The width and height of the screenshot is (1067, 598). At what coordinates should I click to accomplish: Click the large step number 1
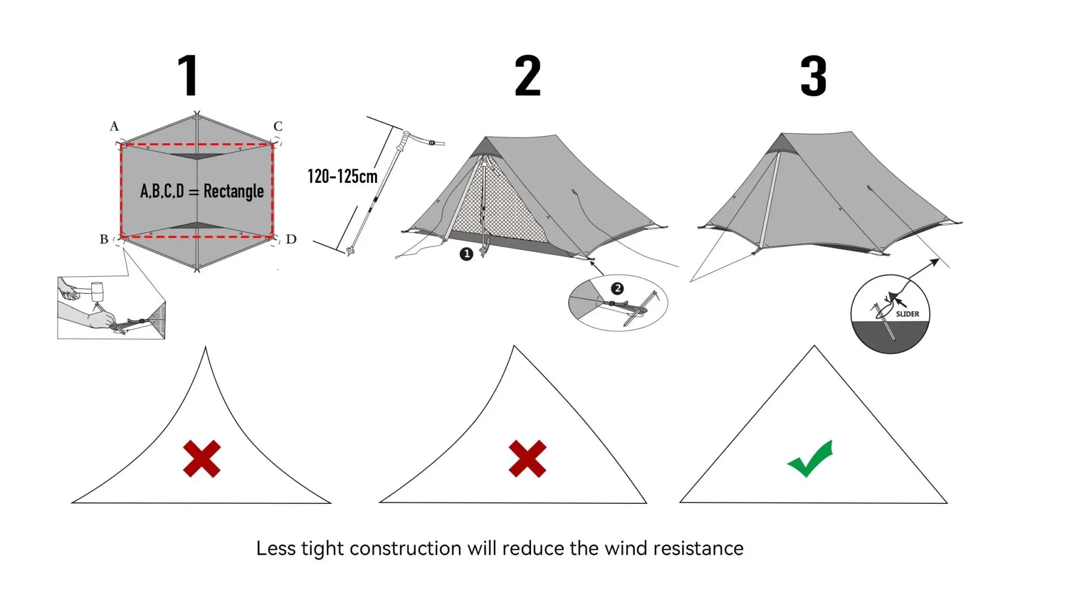[188, 76]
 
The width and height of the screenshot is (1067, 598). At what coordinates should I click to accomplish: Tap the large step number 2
[527, 77]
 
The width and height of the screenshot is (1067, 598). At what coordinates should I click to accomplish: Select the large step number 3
[813, 77]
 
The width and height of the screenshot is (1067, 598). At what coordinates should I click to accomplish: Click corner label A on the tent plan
[114, 126]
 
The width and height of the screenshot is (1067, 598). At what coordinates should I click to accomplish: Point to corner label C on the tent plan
[278, 126]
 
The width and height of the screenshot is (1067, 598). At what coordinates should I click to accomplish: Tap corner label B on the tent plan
[104, 239]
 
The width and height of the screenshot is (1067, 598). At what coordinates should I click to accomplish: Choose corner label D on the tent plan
[291, 239]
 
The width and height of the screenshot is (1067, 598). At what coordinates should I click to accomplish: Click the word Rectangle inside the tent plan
[233, 191]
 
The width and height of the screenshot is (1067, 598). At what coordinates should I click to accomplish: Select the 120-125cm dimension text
[342, 177]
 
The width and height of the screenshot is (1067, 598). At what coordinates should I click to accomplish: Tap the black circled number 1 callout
[466, 254]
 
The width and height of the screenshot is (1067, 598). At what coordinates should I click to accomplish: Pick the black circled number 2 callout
[617, 289]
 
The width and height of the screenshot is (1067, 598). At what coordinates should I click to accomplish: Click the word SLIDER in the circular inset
[907, 314]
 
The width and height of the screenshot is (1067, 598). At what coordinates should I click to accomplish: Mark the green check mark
[811, 458]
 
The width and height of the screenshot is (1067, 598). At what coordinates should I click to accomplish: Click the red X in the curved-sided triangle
[202, 459]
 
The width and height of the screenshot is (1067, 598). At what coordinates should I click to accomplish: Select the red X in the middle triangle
[527, 459]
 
